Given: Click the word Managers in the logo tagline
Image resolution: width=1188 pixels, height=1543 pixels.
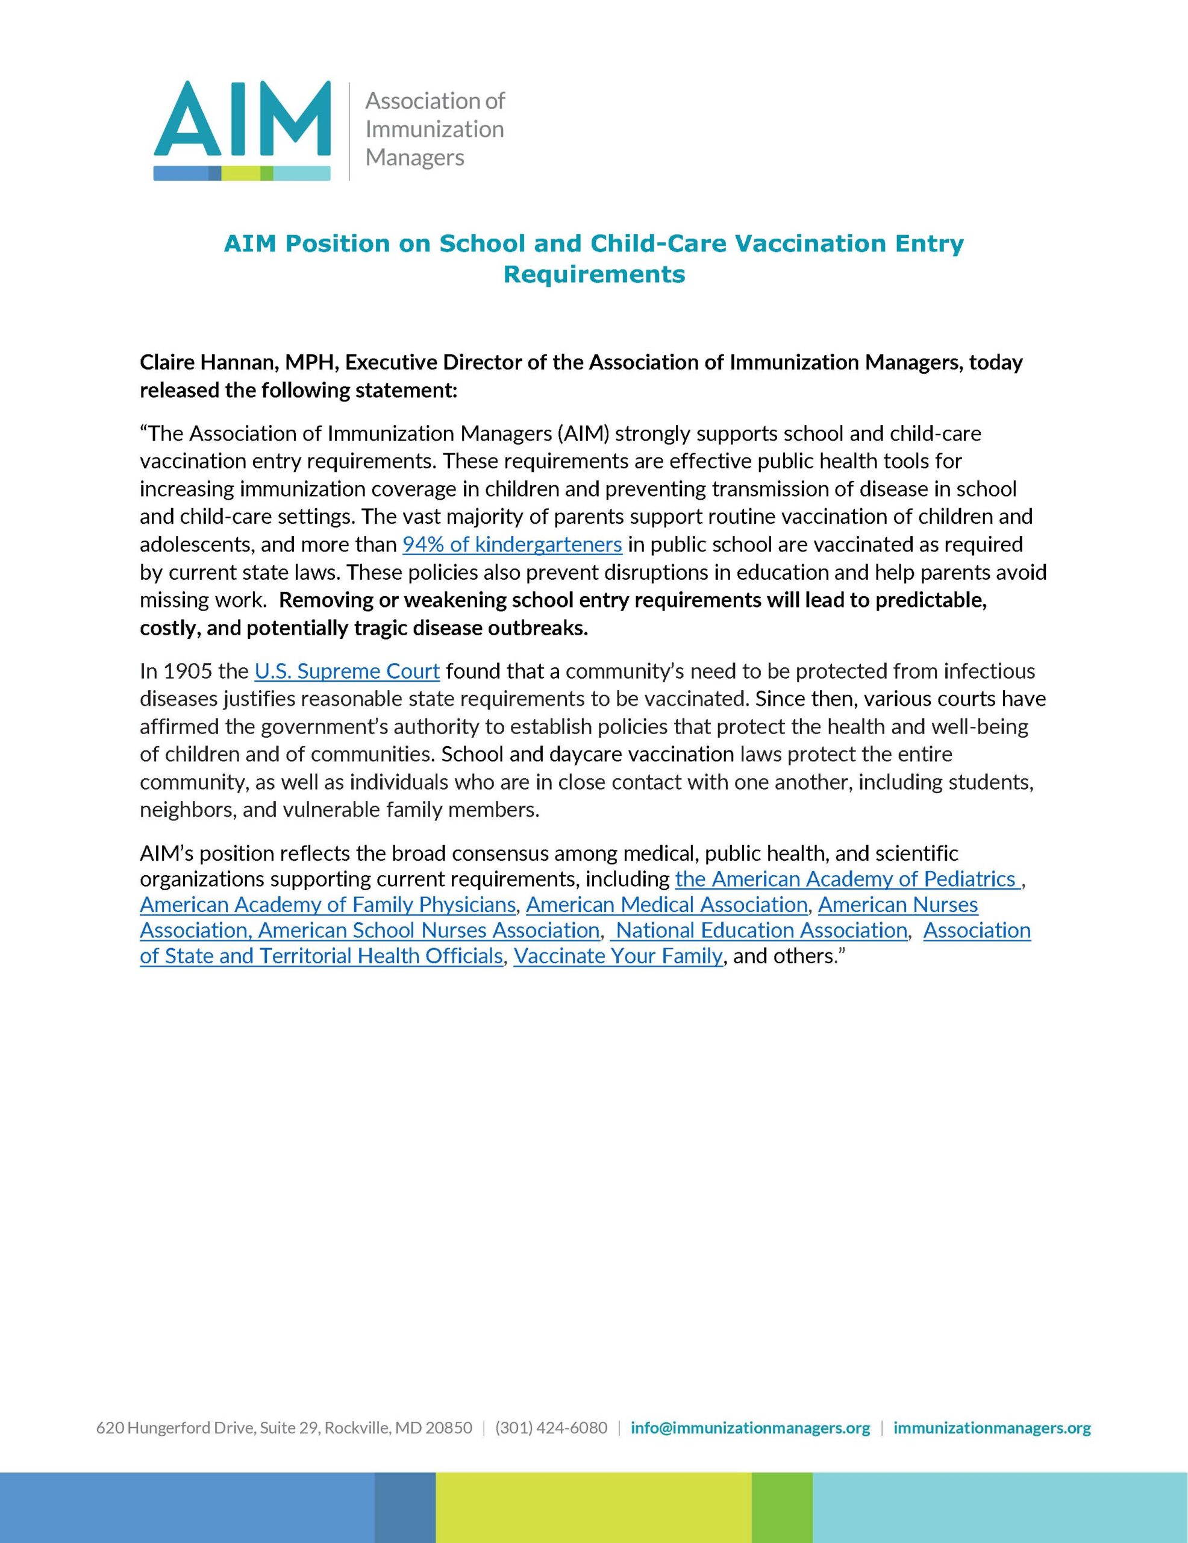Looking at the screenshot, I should [x=414, y=157].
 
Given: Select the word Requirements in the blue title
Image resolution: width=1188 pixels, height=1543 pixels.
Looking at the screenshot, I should [x=593, y=274].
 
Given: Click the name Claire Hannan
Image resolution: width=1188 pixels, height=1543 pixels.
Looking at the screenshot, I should [x=208, y=362].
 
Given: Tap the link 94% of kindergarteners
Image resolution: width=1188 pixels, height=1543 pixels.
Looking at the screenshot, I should [x=512, y=545].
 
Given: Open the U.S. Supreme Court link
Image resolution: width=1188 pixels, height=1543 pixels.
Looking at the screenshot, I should [x=347, y=670].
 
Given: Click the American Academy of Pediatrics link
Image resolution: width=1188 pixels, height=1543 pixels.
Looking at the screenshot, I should [x=846, y=879].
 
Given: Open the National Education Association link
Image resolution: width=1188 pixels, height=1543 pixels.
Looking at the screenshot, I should [x=761, y=931].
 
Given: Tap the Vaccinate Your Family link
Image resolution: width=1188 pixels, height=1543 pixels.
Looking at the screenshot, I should [x=618, y=956].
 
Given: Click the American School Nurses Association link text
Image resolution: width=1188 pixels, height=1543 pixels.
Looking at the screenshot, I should [x=429, y=931].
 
